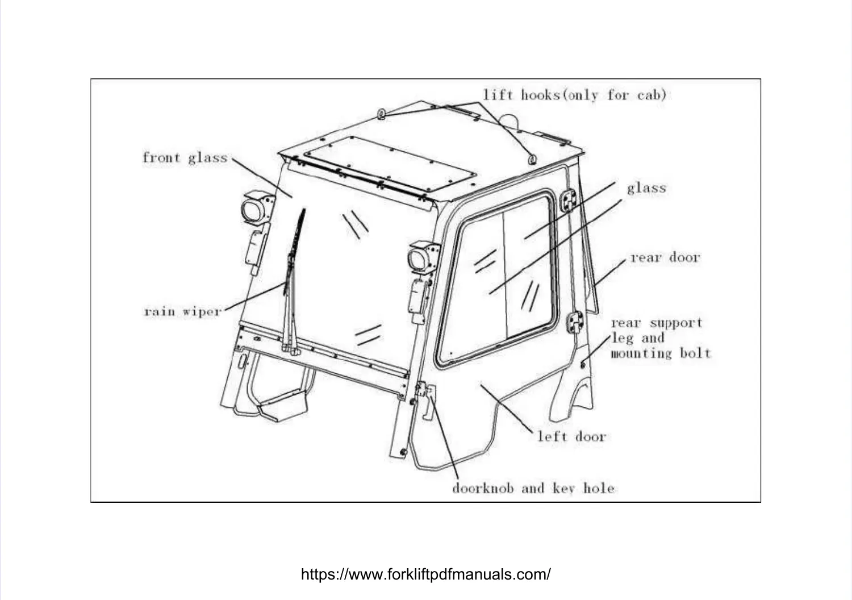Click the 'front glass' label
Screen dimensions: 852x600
tap(185, 157)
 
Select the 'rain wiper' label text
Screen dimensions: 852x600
tap(182, 311)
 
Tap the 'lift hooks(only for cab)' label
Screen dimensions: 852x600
tap(574, 95)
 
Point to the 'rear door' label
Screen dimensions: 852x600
tap(665, 257)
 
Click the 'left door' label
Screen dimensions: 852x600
tap(572, 436)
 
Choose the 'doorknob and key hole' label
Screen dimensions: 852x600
tap(533, 488)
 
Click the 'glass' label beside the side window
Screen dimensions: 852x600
tap(646, 188)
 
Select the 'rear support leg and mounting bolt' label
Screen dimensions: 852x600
tap(660, 338)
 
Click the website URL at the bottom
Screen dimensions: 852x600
tap(425, 574)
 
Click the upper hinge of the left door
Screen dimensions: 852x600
tap(567, 202)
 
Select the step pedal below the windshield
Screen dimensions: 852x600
tap(282, 408)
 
